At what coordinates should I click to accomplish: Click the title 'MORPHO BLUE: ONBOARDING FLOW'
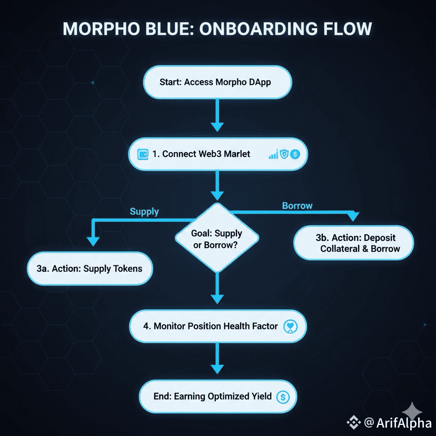pos(217,28)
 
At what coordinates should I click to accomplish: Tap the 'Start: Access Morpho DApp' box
pos(217,82)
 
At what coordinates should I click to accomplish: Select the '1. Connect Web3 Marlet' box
pos(217,154)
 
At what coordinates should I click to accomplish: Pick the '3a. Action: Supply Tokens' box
pos(90,269)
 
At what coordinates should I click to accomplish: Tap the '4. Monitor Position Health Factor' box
pos(217,326)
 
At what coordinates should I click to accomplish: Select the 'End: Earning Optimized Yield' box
pos(217,397)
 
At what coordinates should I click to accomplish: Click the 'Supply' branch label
pos(144,211)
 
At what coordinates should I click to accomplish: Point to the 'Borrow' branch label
pos(297,205)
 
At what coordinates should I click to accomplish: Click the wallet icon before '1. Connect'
pos(143,154)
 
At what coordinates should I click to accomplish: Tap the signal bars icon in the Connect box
pos(273,154)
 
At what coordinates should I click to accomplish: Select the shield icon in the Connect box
pos(284,154)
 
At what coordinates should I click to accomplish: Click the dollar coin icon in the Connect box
pos(294,154)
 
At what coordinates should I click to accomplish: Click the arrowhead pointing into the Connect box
pos(217,126)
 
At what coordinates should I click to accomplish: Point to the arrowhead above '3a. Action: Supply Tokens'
pos(93,241)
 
